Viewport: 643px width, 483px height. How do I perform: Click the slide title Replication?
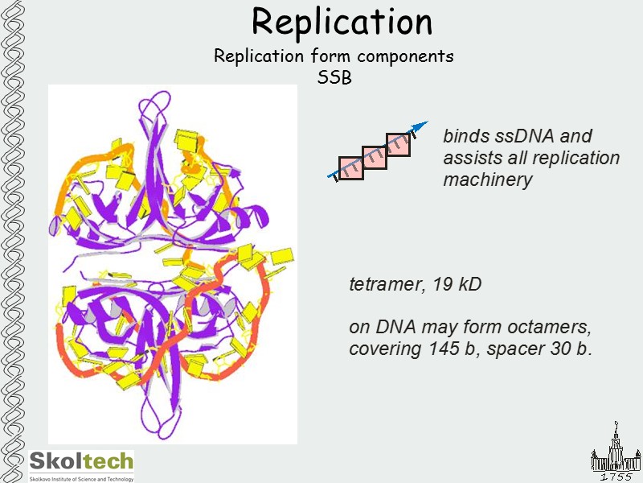(x=342, y=22)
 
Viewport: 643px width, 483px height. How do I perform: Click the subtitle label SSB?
(x=335, y=77)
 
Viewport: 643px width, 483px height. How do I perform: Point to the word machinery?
(x=487, y=180)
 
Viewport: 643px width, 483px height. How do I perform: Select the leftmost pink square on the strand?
(x=350, y=167)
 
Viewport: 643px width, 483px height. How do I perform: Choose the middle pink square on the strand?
(x=375, y=156)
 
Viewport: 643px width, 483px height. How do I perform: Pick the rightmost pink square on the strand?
(x=398, y=144)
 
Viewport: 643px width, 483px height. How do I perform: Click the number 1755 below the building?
(x=616, y=476)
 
